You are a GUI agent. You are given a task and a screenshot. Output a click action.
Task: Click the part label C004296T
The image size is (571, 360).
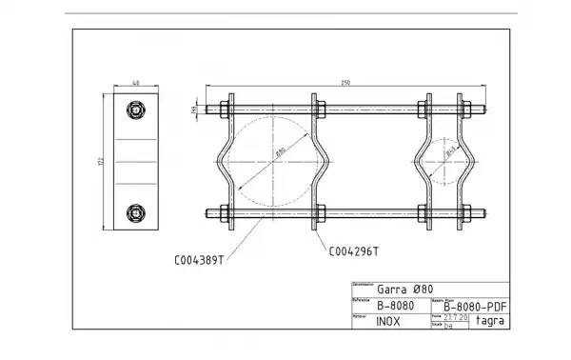pyautogui.click(x=353, y=251)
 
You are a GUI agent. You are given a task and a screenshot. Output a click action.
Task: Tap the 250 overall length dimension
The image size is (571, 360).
pyautogui.click(x=345, y=84)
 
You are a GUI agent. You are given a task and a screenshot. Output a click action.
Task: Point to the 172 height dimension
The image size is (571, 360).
pyautogui.click(x=99, y=163)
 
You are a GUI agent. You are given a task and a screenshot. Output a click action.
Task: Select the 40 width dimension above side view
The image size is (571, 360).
pyautogui.click(x=136, y=84)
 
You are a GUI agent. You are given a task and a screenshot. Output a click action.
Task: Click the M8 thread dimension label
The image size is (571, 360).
pyautogui.click(x=194, y=109)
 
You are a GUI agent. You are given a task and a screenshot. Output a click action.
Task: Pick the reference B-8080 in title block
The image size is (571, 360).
pyautogui.click(x=393, y=306)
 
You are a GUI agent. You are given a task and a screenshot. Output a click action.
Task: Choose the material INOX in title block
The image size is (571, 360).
pyautogui.click(x=388, y=321)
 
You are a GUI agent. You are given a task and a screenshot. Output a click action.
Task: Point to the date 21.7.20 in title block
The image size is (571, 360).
pyautogui.click(x=457, y=317)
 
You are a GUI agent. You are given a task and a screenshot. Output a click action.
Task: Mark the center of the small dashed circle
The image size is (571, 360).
pyautogui.click(x=444, y=161)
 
